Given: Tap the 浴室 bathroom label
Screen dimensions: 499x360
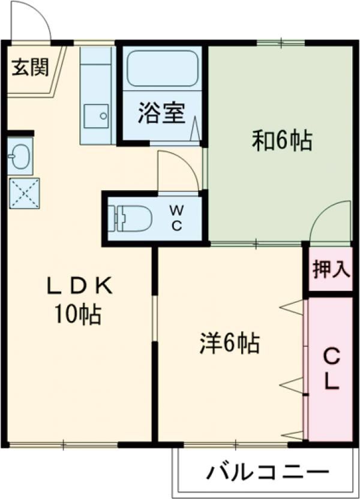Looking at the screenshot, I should click(161, 113).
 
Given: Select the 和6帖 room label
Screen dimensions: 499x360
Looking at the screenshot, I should click(281, 141).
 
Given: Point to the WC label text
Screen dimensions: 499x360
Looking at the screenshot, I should click(176, 218).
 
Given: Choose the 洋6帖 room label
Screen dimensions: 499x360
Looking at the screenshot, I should click(230, 344).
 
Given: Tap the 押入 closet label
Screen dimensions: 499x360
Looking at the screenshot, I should click(331, 270).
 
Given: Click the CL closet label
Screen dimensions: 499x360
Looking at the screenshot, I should click(331, 369).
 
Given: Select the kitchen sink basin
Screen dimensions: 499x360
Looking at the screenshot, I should click(96, 116).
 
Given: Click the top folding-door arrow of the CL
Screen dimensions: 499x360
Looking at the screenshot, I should click(292, 307).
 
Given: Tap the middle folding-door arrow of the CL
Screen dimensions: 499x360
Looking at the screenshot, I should click(292, 384).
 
